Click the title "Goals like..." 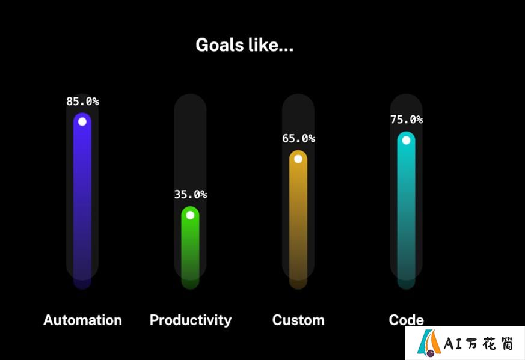(x=244, y=45)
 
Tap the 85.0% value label (x=82, y=102)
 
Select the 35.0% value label (x=191, y=194)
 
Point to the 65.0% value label (x=298, y=138)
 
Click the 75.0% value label (x=407, y=120)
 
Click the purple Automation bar (x=82, y=201)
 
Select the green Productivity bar (x=190, y=248)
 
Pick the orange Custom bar (x=298, y=219)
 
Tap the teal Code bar (x=406, y=210)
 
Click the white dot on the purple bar (x=82, y=122)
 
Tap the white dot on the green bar (x=190, y=215)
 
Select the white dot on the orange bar (x=298, y=159)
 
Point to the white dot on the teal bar (x=406, y=140)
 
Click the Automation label (x=82, y=320)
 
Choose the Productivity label (x=191, y=320)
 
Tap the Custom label (x=298, y=320)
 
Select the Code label (x=406, y=320)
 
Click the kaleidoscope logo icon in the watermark (x=429, y=343)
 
